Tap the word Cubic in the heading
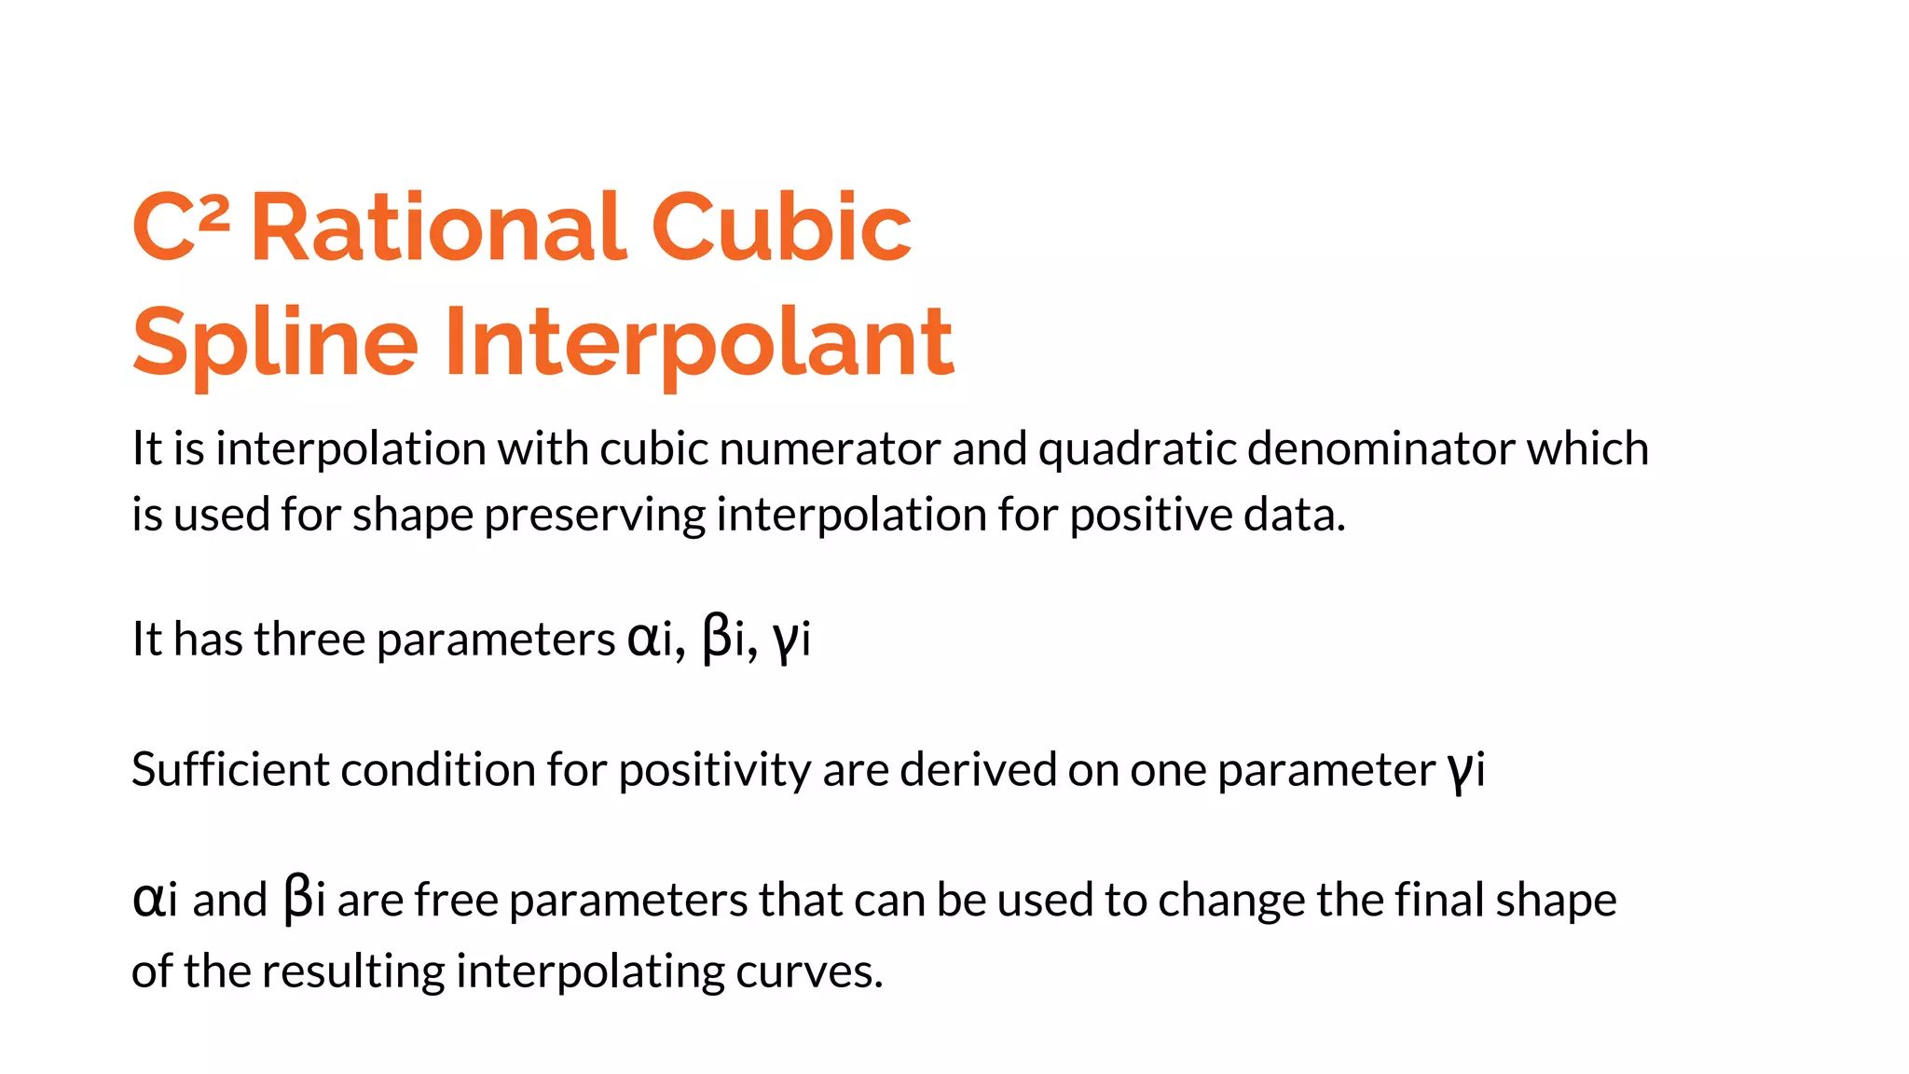click(780, 227)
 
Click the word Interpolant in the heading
click(699, 343)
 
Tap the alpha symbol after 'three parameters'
click(641, 640)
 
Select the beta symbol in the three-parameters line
click(716, 640)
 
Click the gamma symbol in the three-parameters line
click(785, 641)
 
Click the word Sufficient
click(230, 770)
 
